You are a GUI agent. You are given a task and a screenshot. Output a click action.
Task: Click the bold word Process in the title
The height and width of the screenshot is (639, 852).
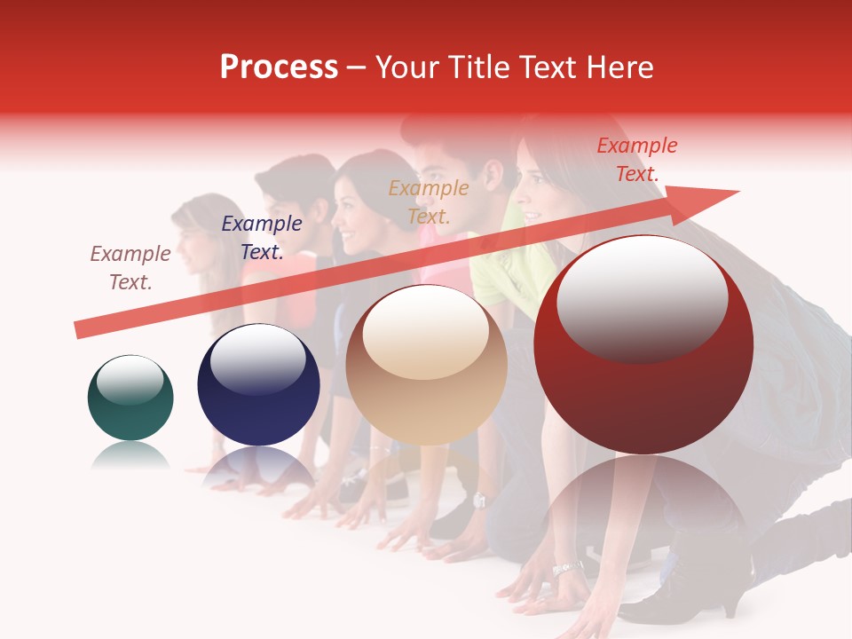[279, 67]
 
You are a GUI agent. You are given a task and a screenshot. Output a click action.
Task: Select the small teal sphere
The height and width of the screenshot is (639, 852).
[130, 398]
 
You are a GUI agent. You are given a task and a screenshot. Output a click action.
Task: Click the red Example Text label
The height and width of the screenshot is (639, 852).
[637, 160]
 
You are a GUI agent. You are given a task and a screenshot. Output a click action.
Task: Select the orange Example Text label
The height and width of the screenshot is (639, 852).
[429, 202]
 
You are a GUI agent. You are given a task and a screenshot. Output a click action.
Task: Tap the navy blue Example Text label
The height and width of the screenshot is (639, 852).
[262, 238]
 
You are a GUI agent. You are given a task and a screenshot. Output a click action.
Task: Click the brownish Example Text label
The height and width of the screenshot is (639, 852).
[130, 268]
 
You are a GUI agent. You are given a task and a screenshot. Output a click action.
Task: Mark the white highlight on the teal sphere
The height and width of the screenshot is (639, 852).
[130, 380]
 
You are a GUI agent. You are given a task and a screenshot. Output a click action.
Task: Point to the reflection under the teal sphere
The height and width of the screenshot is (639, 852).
[130, 454]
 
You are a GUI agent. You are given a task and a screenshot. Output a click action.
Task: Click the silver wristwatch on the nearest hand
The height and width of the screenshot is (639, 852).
[566, 566]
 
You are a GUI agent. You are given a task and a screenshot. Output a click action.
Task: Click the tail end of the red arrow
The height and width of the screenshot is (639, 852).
[80, 330]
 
